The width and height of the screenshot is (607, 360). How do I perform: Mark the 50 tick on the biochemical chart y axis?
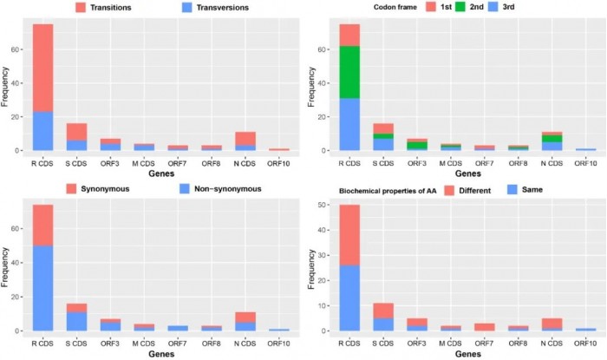tap(317, 205)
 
